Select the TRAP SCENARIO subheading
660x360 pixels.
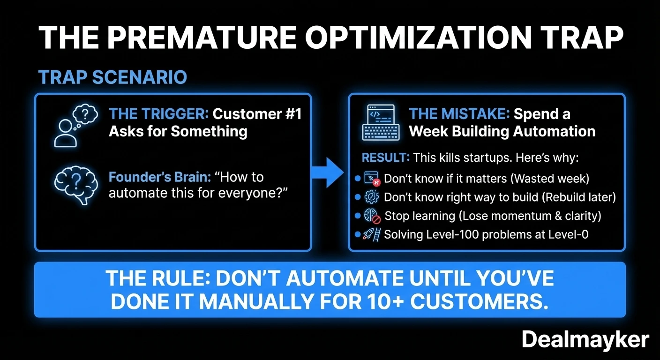point(112,77)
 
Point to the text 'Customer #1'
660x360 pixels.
point(257,114)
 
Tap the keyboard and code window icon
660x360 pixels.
point(381,123)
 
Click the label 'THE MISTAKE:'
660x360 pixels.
point(459,114)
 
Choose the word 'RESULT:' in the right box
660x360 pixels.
point(385,158)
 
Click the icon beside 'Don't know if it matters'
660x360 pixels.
point(372,179)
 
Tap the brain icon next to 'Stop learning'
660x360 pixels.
point(372,216)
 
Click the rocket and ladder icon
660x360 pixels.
point(372,234)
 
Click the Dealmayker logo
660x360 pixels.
point(585,339)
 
